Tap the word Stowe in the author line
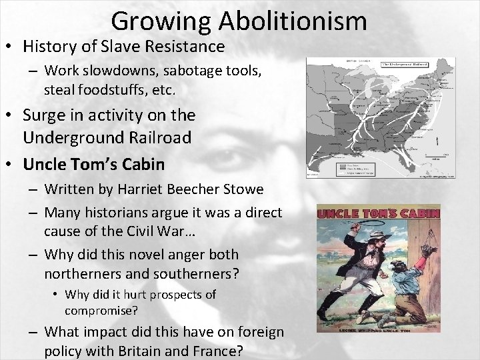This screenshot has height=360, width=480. tap(242, 189)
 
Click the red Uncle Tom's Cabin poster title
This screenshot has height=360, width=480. tap(378, 214)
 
